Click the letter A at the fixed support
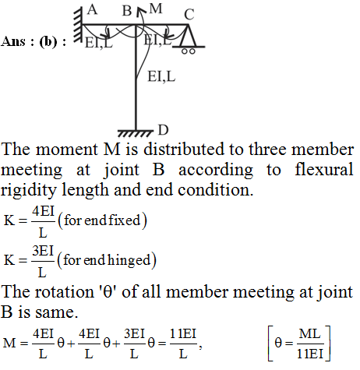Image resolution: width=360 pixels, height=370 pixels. (x=93, y=10)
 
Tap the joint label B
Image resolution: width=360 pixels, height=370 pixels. (x=127, y=11)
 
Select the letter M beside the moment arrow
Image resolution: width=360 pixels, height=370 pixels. (x=156, y=9)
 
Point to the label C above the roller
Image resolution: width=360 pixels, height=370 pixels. (x=189, y=14)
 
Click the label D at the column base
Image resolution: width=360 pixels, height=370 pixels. (x=163, y=130)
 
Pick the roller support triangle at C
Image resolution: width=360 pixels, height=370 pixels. (x=189, y=36)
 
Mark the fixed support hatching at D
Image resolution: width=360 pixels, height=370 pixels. (x=136, y=133)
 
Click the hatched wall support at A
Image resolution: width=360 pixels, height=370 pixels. (x=78, y=25)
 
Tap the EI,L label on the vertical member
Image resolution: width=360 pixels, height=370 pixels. (x=161, y=76)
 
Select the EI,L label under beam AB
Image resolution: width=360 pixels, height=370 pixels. (x=99, y=43)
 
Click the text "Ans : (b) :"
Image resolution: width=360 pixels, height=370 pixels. (x=34, y=41)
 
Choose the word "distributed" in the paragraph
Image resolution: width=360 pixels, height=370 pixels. (x=184, y=150)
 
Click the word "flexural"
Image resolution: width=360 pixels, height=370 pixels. (x=324, y=170)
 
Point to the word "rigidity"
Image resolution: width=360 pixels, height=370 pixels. (x=29, y=191)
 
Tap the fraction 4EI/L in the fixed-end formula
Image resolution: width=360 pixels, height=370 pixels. (x=43, y=222)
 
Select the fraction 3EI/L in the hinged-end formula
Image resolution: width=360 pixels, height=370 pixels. (x=43, y=262)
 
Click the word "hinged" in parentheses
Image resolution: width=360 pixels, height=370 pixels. (x=129, y=260)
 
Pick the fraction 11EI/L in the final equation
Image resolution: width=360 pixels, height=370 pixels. (x=183, y=344)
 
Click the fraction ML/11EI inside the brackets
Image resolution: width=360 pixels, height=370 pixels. (x=309, y=344)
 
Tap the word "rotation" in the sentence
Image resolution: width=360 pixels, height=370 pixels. (x=65, y=292)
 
